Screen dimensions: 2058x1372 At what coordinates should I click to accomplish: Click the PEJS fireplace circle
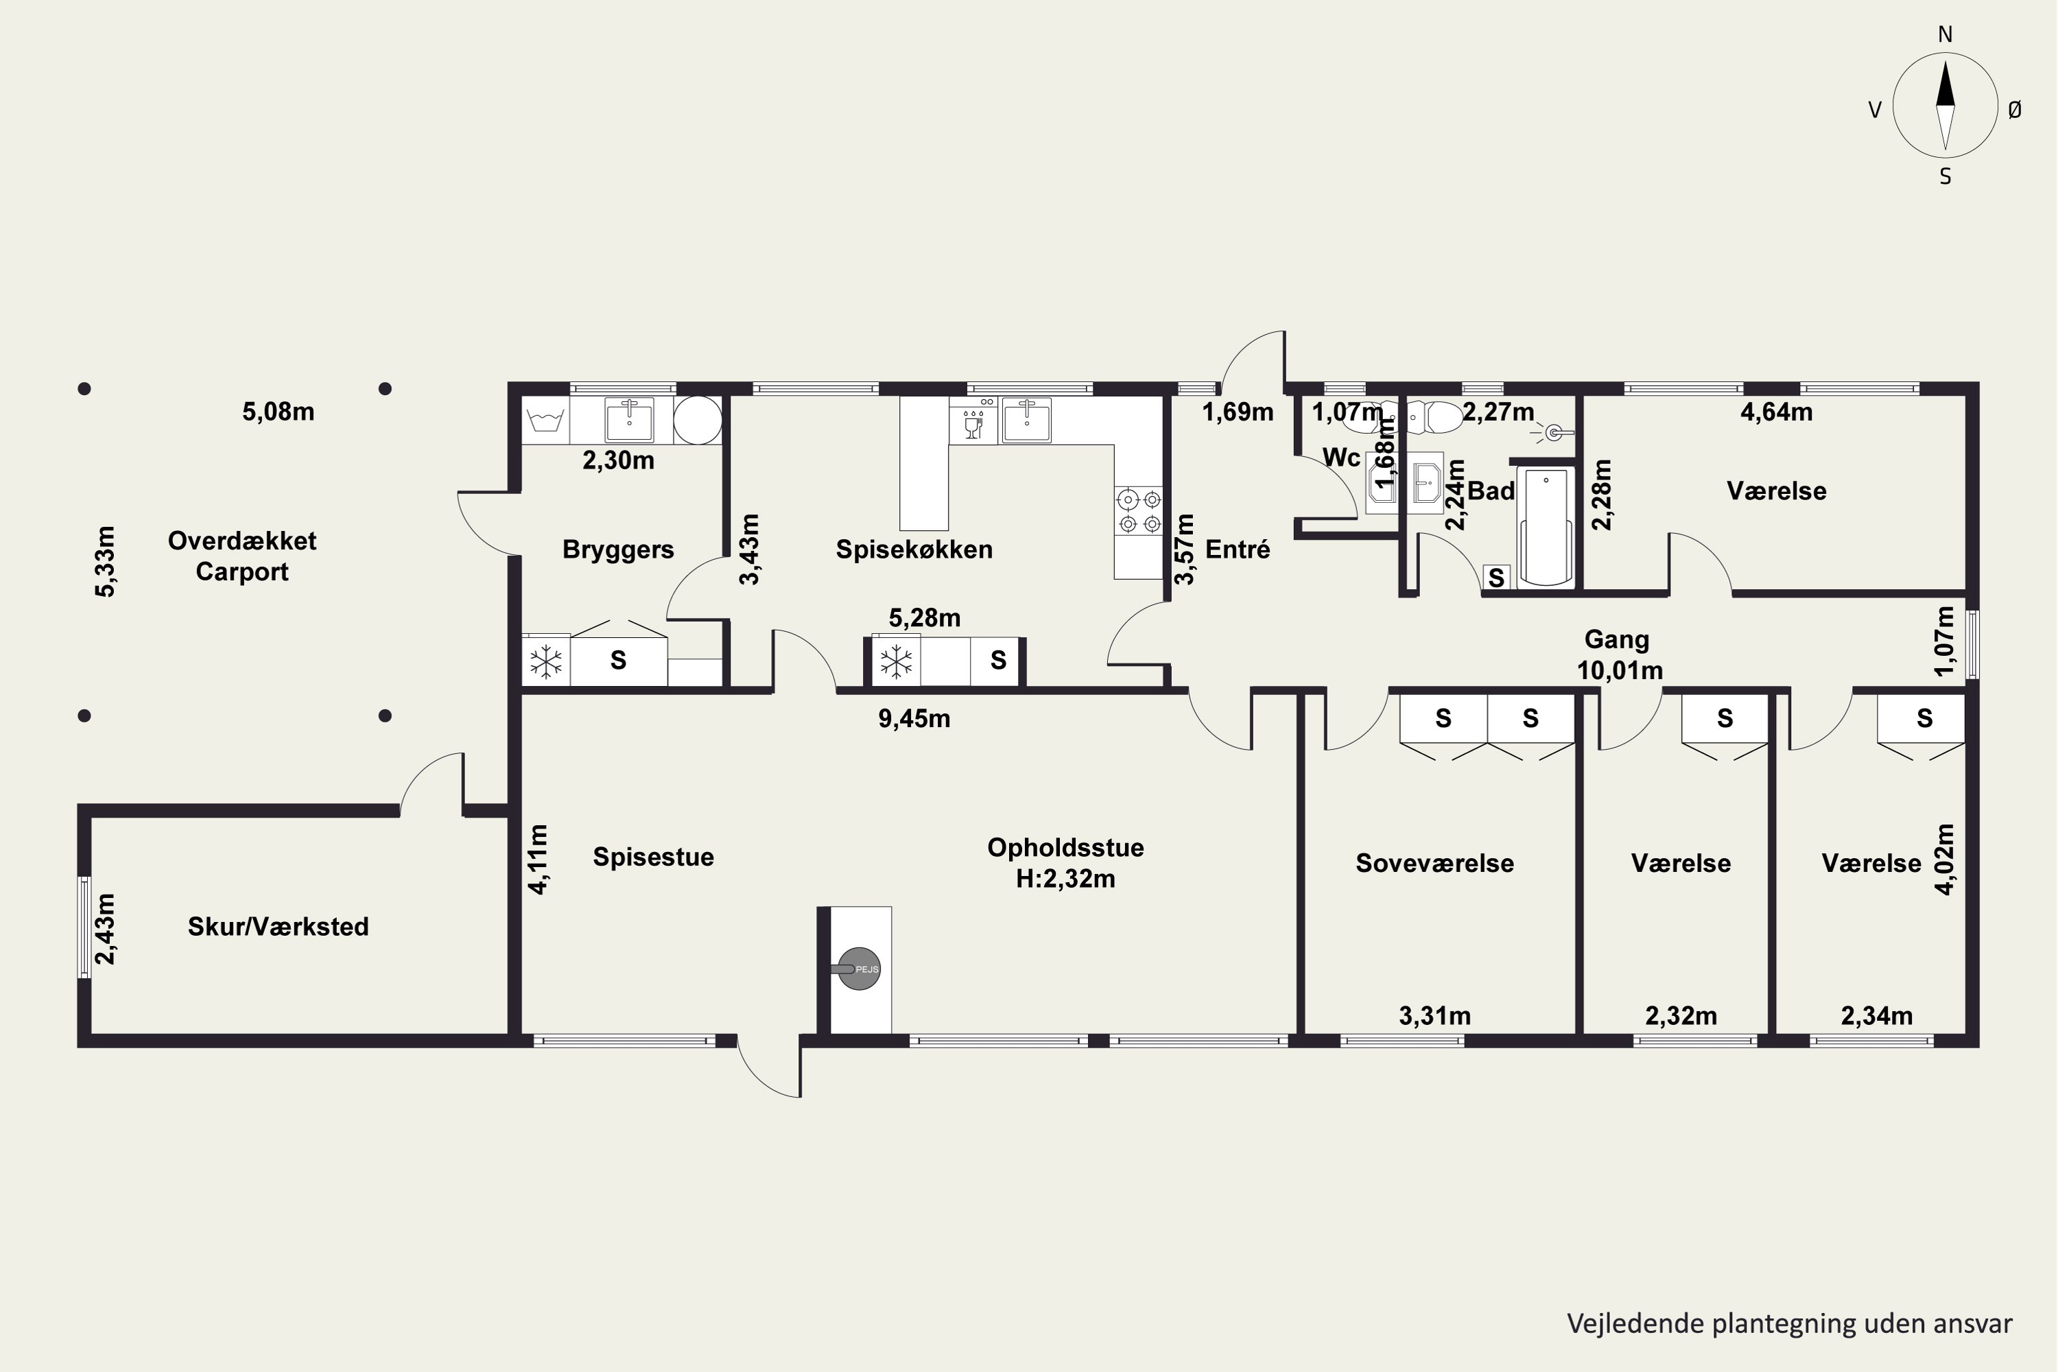(x=860, y=969)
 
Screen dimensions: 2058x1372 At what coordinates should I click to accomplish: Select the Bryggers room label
(x=618, y=549)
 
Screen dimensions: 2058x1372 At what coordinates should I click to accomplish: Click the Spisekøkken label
(x=914, y=549)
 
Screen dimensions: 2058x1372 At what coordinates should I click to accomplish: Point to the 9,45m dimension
(x=914, y=718)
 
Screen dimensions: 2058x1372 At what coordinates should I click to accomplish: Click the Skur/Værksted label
(x=279, y=927)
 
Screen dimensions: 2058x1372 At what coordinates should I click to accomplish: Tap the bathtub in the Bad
(x=1546, y=527)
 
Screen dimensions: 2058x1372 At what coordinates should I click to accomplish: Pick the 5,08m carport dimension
(x=279, y=411)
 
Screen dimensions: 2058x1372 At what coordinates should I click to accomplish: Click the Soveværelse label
(x=1434, y=864)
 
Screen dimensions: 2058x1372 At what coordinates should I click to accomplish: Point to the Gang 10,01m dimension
(x=1620, y=671)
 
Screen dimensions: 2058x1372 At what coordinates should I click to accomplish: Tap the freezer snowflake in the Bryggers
(x=546, y=661)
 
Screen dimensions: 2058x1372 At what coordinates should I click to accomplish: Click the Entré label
(x=1238, y=549)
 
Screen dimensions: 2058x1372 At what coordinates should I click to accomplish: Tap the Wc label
(x=1341, y=458)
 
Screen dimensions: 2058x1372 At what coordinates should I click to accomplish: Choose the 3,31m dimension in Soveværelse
(x=1434, y=1016)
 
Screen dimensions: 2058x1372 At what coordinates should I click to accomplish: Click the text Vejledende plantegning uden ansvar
(x=1789, y=1324)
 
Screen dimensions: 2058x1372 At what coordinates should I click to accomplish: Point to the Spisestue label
(x=653, y=857)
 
